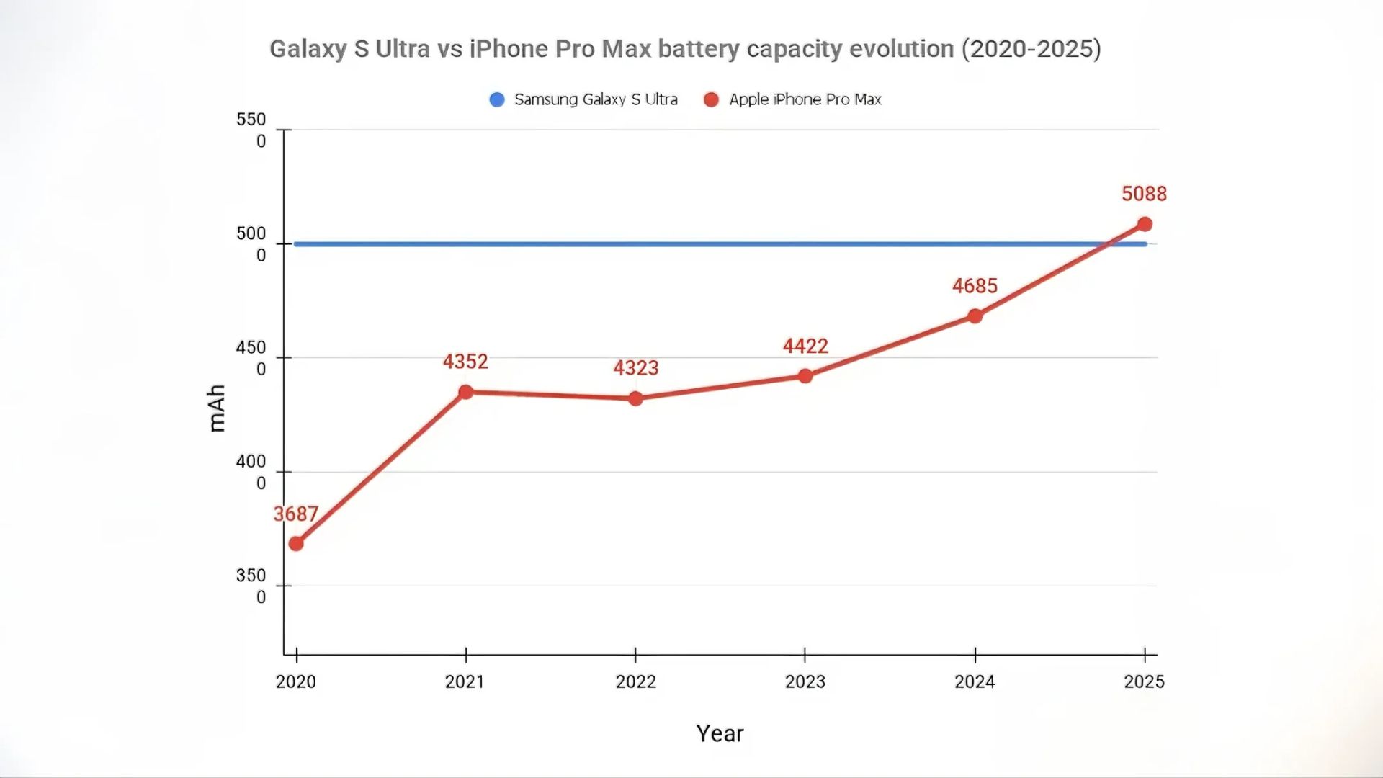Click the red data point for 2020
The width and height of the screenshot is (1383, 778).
tap(296, 544)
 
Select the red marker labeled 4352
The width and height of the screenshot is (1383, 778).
tap(466, 392)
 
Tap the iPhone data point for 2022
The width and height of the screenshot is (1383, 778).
tap(635, 398)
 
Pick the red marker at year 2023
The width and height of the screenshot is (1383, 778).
tap(805, 376)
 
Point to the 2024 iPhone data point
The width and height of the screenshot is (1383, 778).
tap(975, 316)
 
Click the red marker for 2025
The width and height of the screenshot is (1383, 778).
tap(1145, 224)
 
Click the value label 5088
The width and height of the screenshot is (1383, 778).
tap(1144, 194)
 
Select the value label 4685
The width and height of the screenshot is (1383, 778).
tap(975, 286)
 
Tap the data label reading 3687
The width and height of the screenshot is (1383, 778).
tap(295, 514)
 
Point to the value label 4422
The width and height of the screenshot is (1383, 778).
tap(805, 346)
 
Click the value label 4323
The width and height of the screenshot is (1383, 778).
tap(635, 368)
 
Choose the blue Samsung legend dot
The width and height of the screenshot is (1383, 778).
tap(497, 99)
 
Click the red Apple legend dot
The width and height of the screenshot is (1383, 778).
tap(711, 99)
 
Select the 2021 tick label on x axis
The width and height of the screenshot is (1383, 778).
tap(465, 681)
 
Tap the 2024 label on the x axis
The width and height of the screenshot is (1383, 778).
tap(975, 681)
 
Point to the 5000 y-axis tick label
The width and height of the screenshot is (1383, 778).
tap(251, 243)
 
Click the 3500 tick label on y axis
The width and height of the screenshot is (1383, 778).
tap(251, 586)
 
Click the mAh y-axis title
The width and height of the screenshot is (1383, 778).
tap(217, 408)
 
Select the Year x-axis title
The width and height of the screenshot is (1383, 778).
tap(720, 733)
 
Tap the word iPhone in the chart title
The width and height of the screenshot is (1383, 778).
tap(509, 49)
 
